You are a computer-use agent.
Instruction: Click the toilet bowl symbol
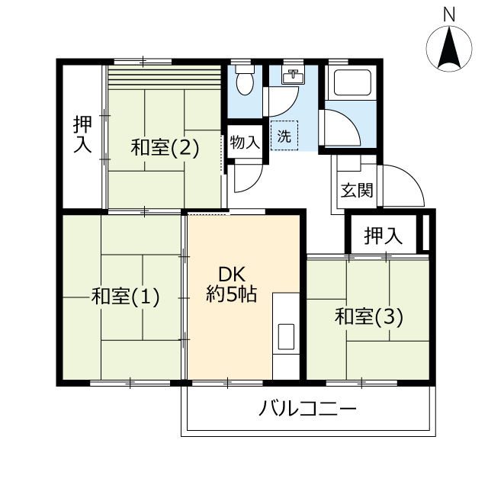245,80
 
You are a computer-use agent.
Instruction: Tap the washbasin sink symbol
293,76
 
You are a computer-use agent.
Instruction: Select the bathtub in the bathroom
352,83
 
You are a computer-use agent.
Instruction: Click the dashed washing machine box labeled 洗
284,136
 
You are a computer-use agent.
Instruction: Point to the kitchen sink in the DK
286,336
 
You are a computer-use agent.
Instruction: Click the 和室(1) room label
125,296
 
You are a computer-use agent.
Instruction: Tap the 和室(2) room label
165,147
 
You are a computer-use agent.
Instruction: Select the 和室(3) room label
369,317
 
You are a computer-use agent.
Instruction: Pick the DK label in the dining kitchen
232,274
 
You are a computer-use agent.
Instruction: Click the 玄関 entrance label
357,190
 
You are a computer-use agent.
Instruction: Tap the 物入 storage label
245,143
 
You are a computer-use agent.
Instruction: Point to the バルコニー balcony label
307,409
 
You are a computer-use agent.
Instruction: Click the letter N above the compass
449,14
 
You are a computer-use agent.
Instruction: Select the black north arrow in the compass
449,48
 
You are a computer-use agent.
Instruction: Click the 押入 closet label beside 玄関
383,236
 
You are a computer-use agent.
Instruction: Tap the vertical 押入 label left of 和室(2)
82,134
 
